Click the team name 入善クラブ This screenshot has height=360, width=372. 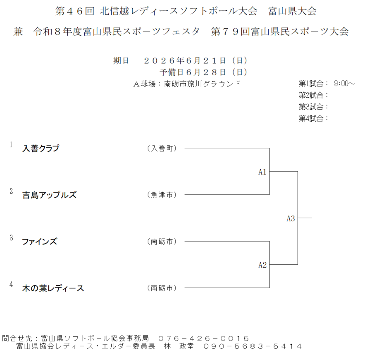coord(41,148)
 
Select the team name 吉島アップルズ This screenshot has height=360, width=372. coord(49,195)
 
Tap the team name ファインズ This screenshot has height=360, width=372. coord(39,242)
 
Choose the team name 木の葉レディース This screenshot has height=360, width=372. coord(53,288)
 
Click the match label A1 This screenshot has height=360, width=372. coord(262,172)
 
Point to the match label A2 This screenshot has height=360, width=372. coord(262,265)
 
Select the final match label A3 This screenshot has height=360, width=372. coord(291,218)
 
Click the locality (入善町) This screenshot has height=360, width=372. coord(162,148)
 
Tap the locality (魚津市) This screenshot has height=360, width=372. coord(162,195)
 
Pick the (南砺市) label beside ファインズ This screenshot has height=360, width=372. coord(162,242)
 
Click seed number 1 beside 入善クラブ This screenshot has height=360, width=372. coord(11,144)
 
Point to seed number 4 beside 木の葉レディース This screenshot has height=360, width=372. coord(11,284)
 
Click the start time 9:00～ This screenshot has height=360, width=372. coord(344,84)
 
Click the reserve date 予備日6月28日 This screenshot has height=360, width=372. coord(192,72)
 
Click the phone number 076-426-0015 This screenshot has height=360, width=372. coord(203,338)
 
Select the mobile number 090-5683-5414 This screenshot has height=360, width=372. coord(253,346)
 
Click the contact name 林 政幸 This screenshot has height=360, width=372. coord(179,346)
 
